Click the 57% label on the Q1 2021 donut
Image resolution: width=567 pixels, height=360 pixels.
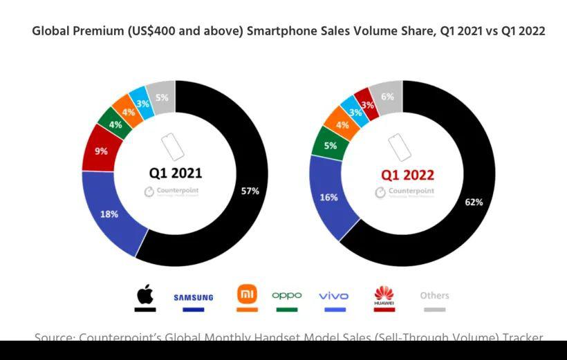pyautogui.click(x=250, y=191)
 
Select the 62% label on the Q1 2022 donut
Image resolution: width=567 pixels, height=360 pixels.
pyautogui.click(x=474, y=202)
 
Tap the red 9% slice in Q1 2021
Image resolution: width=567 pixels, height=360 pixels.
pyautogui.click(x=101, y=151)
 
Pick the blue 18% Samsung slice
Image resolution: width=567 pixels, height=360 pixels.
pyautogui.click(x=109, y=214)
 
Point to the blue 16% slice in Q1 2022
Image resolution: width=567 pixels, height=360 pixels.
pyautogui.click(x=329, y=197)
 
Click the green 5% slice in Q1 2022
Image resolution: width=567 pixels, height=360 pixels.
pyautogui.click(x=330, y=146)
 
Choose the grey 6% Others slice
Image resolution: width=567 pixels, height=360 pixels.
pyautogui.click(x=387, y=97)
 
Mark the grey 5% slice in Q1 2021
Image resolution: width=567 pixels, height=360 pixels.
pyautogui.click(x=162, y=98)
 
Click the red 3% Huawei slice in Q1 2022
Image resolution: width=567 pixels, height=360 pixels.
pyautogui.click(x=367, y=105)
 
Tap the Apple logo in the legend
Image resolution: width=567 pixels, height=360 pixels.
pyautogui.click(x=145, y=295)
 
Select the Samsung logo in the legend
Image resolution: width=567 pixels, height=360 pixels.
pyautogui.click(x=194, y=298)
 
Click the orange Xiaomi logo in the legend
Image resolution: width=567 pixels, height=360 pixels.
pyautogui.click(x=247, y=294)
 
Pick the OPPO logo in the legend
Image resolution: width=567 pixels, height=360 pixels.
pyautogui.click(x=287, y=295)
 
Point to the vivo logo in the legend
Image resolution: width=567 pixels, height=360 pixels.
pyautogui.click(x=334, y=296)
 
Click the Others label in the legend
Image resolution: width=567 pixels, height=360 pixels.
pyautogui.click(x=434, y=295)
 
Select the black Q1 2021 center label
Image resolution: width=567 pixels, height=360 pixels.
pyautogui.click(x=176, y=173)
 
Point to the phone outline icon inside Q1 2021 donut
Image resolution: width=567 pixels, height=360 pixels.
pyautogui.click(x=173, y=147)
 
